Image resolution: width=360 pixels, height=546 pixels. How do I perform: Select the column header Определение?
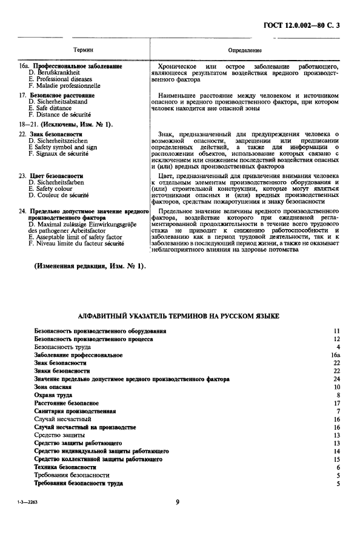point(245,49)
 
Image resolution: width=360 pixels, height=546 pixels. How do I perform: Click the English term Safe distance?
point(56,108)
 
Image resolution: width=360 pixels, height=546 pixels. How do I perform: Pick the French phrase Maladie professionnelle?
point(64,85)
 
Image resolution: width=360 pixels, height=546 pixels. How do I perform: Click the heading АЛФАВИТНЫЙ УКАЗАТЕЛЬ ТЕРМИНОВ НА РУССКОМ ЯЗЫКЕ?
point(179,316)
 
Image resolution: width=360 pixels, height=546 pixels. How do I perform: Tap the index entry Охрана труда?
point(53,395)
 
